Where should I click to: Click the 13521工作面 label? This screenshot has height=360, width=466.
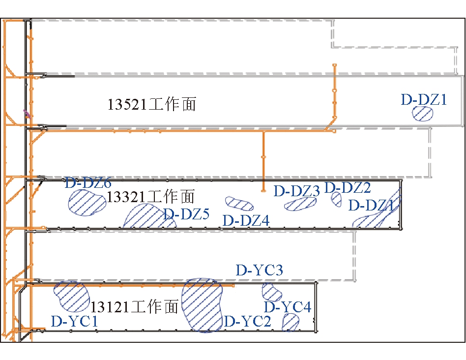click(151, 104)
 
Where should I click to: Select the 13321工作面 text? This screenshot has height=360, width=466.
click(151, 197)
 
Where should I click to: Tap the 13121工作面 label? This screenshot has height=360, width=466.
click(134, 307)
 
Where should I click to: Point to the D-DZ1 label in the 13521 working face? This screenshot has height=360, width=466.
click(424, 99)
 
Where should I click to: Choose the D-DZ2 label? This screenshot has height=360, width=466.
click(348, 187)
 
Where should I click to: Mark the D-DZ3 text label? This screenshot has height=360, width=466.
click(297, 191)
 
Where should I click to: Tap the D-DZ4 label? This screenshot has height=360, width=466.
click(246, 220)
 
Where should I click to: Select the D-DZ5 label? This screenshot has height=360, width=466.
click(186, 214)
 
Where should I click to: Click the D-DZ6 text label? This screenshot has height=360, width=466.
click(88, 183)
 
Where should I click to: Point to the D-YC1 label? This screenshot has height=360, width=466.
click(74, 322)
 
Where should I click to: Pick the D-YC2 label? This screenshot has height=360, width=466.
click(247, 322)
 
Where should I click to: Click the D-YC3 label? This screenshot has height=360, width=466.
click(259, 270)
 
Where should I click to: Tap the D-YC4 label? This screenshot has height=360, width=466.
click(288, 307)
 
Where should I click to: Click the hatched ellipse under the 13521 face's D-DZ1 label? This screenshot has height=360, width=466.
click(423, 114)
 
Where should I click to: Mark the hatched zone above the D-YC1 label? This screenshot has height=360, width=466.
click(71, 296)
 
